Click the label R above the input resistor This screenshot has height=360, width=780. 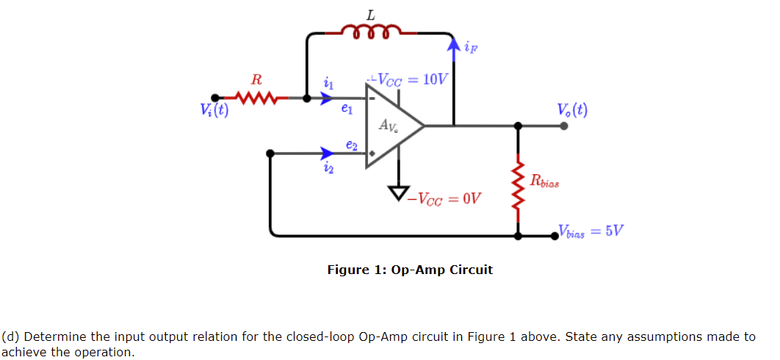click(255, 79)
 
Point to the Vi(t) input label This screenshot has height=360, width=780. click(214, 111)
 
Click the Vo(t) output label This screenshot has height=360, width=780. click(571, 110)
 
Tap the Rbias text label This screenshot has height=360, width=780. click(544, 182)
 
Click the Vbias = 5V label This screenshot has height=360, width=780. click(591, 231)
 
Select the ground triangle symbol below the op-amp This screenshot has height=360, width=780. click(399, 193)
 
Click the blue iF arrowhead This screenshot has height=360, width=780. click(454, 46)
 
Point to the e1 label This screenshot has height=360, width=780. click(347, 109)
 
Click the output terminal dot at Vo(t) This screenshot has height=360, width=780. click(563, 126)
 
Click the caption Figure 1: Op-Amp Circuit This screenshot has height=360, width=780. click(410, 270)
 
